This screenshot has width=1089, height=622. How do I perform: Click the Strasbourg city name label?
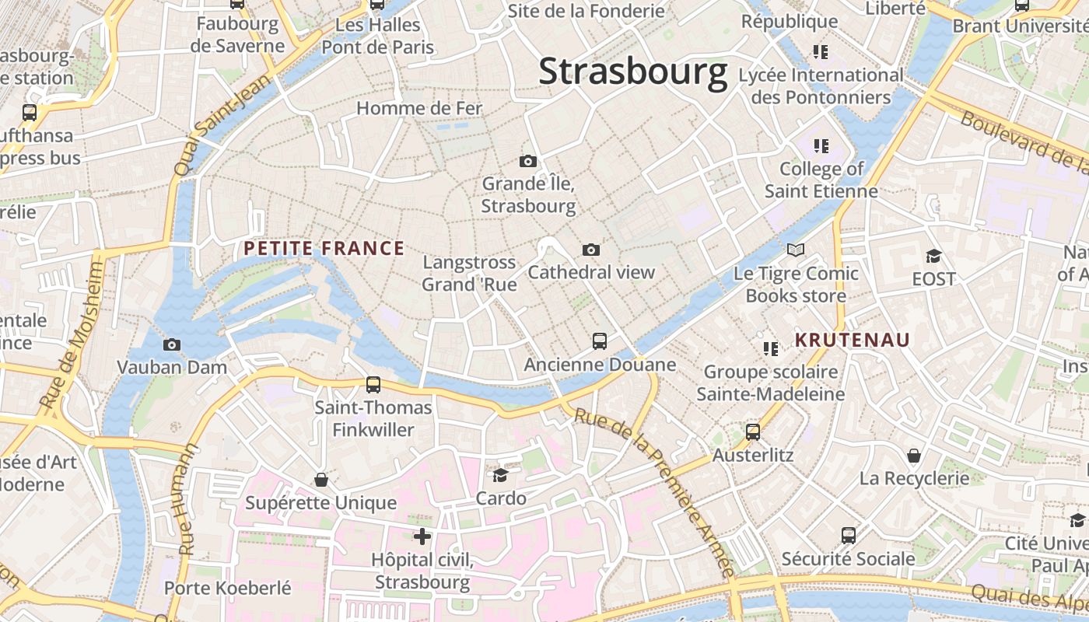click(632, 72)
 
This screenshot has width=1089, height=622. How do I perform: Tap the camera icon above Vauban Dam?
click(172, 344)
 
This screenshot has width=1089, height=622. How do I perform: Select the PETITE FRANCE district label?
click(324, 249)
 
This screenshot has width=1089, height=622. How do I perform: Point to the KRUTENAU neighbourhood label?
click(852, 340)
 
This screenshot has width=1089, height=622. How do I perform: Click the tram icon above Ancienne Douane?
click(599, 341)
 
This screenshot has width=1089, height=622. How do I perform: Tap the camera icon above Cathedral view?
click(591, 250)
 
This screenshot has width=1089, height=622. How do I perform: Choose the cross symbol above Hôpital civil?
click(422, 536)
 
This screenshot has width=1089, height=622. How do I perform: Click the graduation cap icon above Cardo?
click(500, 474)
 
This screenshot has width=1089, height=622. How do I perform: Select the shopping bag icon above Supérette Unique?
click(320, 480)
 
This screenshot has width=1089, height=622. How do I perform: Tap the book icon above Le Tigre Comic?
click(795, 250)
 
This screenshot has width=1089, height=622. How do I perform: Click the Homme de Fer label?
click(419, 108)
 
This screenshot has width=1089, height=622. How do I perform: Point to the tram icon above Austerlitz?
click(752, 432)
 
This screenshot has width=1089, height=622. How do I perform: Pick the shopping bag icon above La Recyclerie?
click(914, 455)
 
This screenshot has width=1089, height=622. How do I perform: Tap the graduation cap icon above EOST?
click(933, 256)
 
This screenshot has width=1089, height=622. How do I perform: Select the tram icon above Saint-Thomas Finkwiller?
click(373, 384)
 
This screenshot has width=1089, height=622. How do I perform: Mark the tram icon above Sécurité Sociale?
click(848, 535)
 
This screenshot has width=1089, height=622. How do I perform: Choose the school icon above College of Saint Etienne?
click(821, 145)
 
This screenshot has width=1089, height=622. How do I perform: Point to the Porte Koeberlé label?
click(227, 588)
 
